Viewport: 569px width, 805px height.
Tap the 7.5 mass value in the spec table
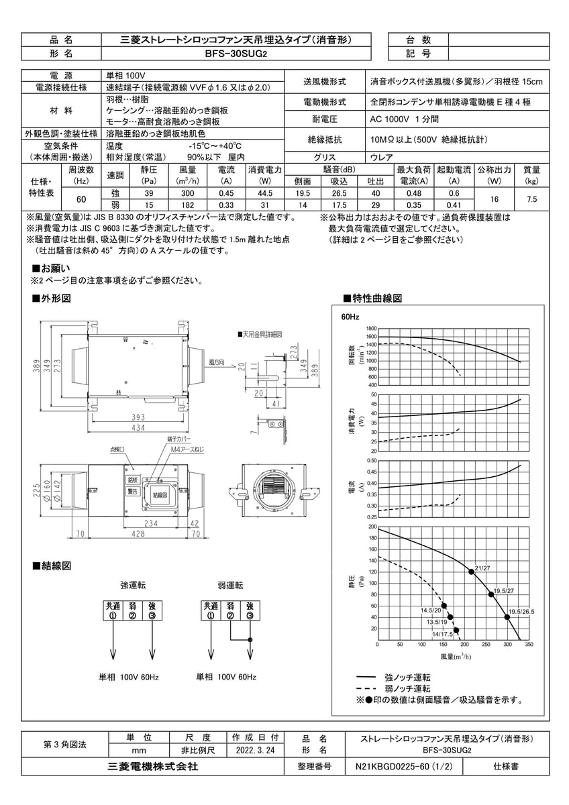click(x=531, y=199)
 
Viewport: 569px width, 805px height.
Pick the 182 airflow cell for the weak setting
click(x=188, y=205)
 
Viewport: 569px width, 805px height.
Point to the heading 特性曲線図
click(x=376, y=298)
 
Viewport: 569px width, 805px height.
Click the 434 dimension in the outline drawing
click(x=140, y=428)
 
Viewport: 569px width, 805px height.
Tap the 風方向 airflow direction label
click(x=216, y=362)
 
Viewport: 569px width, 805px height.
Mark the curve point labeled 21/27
click(x=471, y=572)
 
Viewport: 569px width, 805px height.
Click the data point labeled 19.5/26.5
click(x=507, y=616)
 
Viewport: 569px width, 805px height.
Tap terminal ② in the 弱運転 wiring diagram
click(x=230, y=616)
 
